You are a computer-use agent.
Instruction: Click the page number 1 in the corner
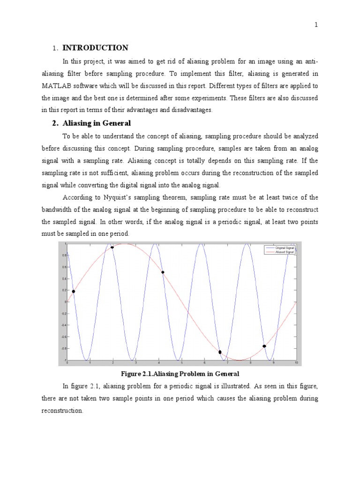click(316, 25)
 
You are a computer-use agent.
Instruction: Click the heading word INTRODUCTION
click(95, 48)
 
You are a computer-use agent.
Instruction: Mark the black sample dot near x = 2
click(112, 247)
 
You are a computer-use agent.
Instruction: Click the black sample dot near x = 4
click(163, 272)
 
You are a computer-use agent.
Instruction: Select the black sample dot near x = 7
click(220, 352)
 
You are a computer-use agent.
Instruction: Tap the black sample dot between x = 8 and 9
click(264, 346)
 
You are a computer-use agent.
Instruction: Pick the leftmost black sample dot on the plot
click(73, 292)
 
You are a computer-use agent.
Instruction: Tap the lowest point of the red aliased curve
click(239, 360)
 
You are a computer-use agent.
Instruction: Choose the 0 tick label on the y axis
click(66, 302)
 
